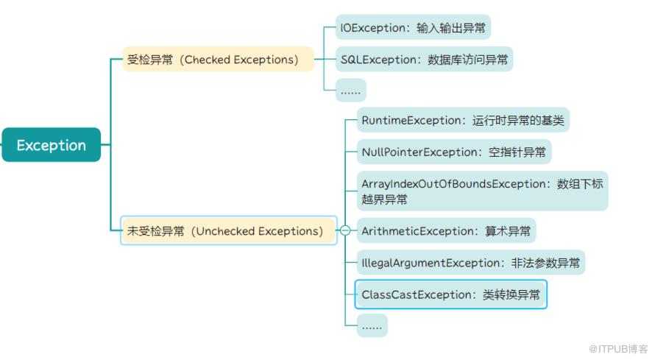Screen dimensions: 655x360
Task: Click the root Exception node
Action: [52, 144]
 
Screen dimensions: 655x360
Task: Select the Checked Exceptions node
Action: [218, 60]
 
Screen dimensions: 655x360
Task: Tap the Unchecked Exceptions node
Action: [228, 230]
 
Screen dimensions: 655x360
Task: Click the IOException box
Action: [413, 27]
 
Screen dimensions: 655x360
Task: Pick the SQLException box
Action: [424, 60]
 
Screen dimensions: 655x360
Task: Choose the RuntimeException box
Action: [463, 120]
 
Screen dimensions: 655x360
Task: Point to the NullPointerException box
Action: [454, 152]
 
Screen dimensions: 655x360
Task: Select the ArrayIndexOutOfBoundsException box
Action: [483, 191]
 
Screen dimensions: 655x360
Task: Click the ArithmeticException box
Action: [446, 230]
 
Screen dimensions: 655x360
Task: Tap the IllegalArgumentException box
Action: [471, 263]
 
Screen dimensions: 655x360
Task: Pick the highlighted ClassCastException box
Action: [450, 294]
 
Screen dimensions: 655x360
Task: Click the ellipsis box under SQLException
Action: [351, 91]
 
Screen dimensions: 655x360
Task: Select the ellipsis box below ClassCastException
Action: [372, 325]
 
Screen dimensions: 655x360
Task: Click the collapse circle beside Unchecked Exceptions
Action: [345, 230]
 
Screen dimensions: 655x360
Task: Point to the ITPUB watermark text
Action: [617, 349]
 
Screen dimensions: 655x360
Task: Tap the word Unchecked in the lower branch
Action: [226, 231]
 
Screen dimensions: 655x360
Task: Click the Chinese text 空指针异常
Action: [517, 152]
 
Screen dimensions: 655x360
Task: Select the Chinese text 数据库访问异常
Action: [468, 60]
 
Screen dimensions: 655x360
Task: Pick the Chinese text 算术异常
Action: [508, 231]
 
